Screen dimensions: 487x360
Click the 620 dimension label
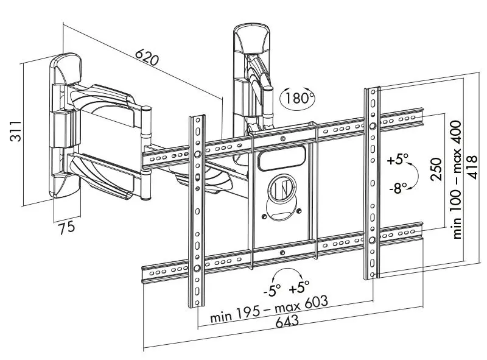click(x=147, y=57)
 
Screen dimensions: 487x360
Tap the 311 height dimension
click(x=16, y=131)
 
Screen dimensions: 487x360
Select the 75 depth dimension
click(x=67, y=227)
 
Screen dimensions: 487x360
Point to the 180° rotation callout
click(x=298, y=98)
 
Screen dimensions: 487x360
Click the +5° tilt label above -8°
click(x=398, y=160)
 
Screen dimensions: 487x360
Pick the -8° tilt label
click(x=399, y=188)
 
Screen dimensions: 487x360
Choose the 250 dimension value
click(x=436, y=169)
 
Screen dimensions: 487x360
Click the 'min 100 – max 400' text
click(x=456, y=180)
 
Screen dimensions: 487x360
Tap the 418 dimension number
click(x=473, y=167)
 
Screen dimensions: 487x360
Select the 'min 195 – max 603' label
click(x=269, y=309)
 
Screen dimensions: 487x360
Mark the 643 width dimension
click(x=287, y=321)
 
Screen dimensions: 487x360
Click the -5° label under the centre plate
click(x=272, y=291)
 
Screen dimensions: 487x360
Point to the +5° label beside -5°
click(x=299, y=287)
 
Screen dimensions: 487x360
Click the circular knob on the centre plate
click(x=282, y=188)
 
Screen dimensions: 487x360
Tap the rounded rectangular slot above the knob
click(x=282, y=158)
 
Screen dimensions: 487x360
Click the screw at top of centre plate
click(x=282, y=139)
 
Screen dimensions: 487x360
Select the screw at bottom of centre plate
click(x=282, y=253)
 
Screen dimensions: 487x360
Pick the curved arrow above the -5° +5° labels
click(x=287, y=270)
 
